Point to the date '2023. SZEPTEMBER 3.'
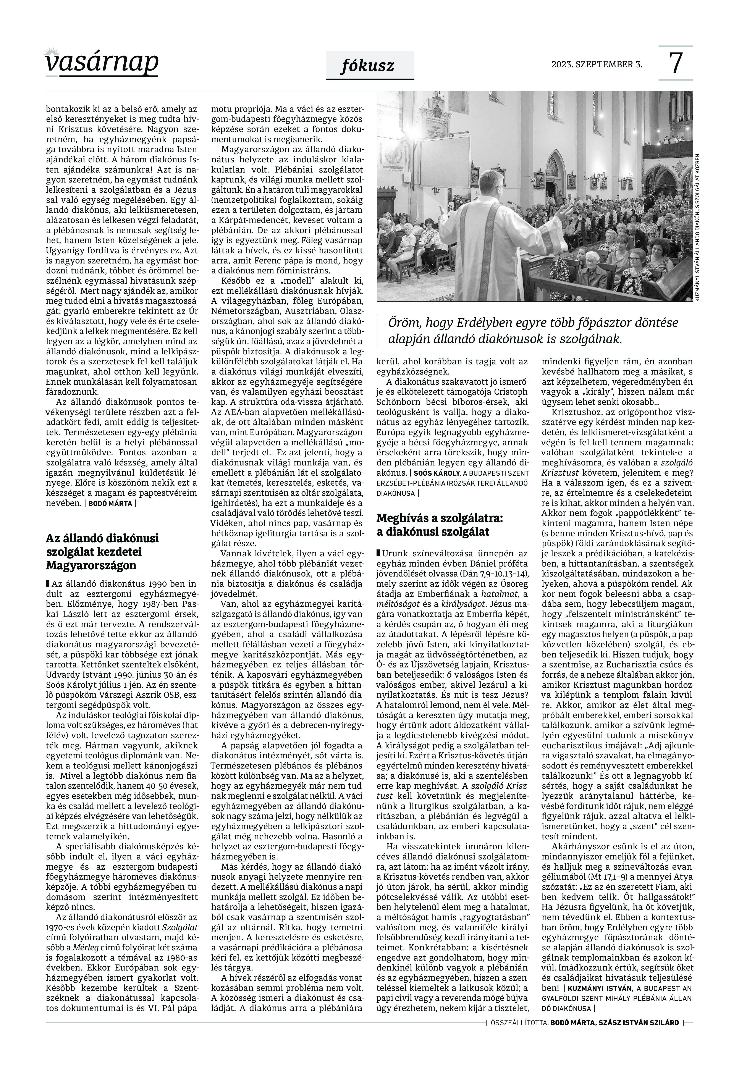(596, 64)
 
